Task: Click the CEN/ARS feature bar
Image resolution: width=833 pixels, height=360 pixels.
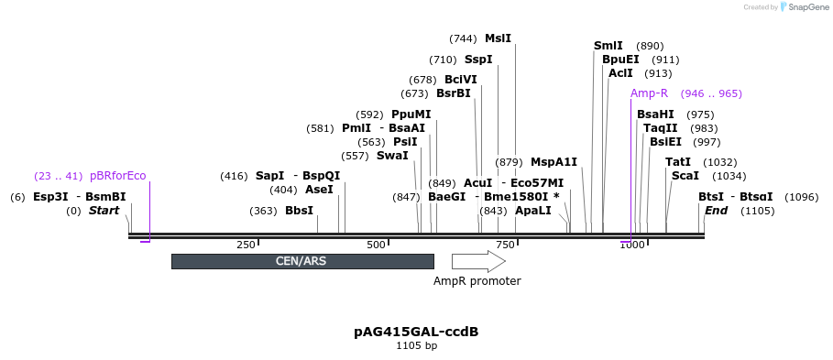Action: point(301,261)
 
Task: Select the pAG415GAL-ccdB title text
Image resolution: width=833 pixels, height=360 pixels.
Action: point(416,332)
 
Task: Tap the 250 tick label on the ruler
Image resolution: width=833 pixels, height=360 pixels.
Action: point(246,245)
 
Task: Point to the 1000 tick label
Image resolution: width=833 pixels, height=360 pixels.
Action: point(631,245)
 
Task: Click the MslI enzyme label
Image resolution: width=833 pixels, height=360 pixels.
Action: point(498,38)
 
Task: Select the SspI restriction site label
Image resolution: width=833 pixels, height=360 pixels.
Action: point(478,60)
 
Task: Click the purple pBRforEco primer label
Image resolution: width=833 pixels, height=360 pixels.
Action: point(118,176)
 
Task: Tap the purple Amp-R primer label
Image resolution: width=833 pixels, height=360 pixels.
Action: point(649,93)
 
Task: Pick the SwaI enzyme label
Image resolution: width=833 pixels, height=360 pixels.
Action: point(392,156)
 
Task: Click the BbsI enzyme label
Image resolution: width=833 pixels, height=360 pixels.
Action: point(299,211)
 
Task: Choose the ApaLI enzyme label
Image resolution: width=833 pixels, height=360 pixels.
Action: point(532,211)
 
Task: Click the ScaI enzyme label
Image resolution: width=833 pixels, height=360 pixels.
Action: point(685,176)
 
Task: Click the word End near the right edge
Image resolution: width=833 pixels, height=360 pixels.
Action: point(716,211)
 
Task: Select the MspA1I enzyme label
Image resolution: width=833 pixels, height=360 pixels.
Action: point(554,162)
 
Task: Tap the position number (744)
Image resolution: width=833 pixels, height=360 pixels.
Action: point(463,38)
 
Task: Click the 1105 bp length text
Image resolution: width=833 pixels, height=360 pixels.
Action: point(416,346)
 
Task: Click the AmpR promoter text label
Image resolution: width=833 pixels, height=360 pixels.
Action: point(477,281)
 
